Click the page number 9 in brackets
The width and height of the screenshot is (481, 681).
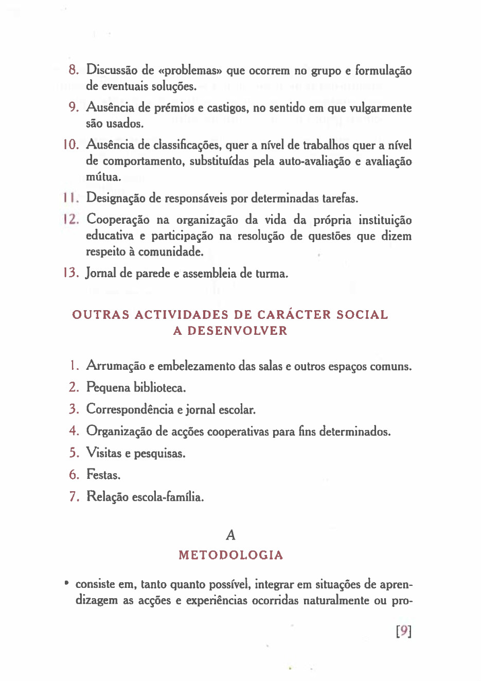pos(404,631)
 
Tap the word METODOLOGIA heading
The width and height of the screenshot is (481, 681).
pos(230,555)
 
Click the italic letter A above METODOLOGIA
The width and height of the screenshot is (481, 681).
pos(230,535)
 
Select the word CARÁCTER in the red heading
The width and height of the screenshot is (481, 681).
pos(294,315)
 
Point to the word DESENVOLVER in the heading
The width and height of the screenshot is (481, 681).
pos(237,331)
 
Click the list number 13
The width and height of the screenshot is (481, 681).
pos(71,273)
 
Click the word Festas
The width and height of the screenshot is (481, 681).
pos(103,474)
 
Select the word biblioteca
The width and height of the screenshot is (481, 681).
pos(159,387)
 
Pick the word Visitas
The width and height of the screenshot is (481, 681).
pos(103,453)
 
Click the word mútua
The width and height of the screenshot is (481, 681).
pos(103,177)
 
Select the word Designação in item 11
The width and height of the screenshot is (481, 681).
pos(116,198)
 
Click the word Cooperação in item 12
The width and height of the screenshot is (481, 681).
pos(118,220)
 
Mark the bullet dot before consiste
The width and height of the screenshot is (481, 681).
pos(66,583)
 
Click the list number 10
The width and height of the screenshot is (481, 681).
pos(71,145)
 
